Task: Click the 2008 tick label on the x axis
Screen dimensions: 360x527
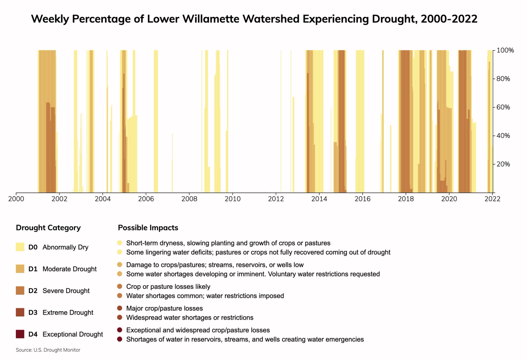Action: coord(189,199)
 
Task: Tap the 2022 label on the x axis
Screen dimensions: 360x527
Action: coord(492,199)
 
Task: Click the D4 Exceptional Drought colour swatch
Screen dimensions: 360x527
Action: coord(20,334)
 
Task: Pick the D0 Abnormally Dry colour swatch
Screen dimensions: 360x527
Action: coord(20,247)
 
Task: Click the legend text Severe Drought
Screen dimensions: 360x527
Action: coord(66,291)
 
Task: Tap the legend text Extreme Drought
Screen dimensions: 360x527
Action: coord(68,313)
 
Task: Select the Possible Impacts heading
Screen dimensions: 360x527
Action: coord(148,228)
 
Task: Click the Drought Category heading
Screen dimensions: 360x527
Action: coord(48,228)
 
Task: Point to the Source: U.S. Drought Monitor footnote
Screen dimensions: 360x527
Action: coord(48,350)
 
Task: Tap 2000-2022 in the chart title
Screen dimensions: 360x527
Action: coord(449,19)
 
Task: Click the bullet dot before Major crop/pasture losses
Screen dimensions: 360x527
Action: coord(120,308)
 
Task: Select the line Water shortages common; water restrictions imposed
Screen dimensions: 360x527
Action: coord(205,296)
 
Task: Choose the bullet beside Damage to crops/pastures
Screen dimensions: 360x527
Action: coord(120,265)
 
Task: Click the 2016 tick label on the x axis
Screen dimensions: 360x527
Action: coord(362,199)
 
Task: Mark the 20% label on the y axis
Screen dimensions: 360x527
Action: coord(503,164)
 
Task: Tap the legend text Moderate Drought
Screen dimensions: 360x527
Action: coord(69,269)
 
